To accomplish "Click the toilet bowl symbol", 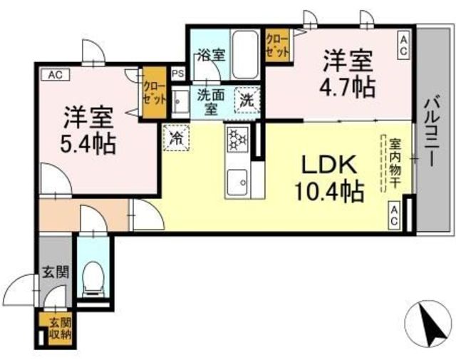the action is (93, 279).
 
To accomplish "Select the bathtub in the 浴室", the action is (245, 54).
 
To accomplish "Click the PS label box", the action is (178, 74).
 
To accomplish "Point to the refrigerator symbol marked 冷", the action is (176, 138).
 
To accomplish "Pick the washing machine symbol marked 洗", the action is (247, 100).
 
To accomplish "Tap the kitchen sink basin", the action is (237, 182).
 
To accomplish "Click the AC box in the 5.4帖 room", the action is (56, 75).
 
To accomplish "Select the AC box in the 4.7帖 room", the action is (403, 45).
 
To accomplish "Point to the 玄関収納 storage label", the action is (60, 329).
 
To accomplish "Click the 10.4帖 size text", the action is (329, 192).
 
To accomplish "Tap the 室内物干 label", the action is (395, 163).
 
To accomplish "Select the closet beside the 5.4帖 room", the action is (154, 93).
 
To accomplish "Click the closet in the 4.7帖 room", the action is (277, 45).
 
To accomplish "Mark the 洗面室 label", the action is (211, 101).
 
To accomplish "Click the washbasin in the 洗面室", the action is (180, 102).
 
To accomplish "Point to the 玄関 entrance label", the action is (56, 272).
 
